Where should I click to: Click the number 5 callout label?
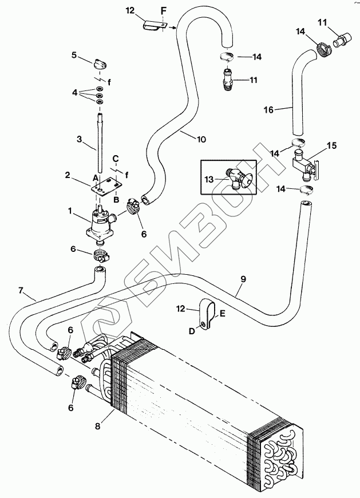(x=74, y=55)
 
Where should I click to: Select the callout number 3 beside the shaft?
(x=80, y=139)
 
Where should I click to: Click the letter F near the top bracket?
(x=163, y=11)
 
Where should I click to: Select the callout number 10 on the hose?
(x=201, y=139)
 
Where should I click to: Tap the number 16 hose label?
(x=268, y=110)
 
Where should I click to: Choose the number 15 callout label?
(x=331, y=145)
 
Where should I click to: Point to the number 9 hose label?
(x=243, y=279)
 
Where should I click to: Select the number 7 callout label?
(x=21, y=291)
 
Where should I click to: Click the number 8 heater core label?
(x=97, y=426)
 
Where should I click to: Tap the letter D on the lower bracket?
(x=191, y=331)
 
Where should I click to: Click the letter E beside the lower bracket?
(x=222, y=314)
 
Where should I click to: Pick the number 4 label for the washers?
(x=74, y=93)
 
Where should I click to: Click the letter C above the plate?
(x=116, y=158)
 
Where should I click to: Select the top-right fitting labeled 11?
(x=341, y=39)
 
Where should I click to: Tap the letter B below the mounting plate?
(x=116, y=200)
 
